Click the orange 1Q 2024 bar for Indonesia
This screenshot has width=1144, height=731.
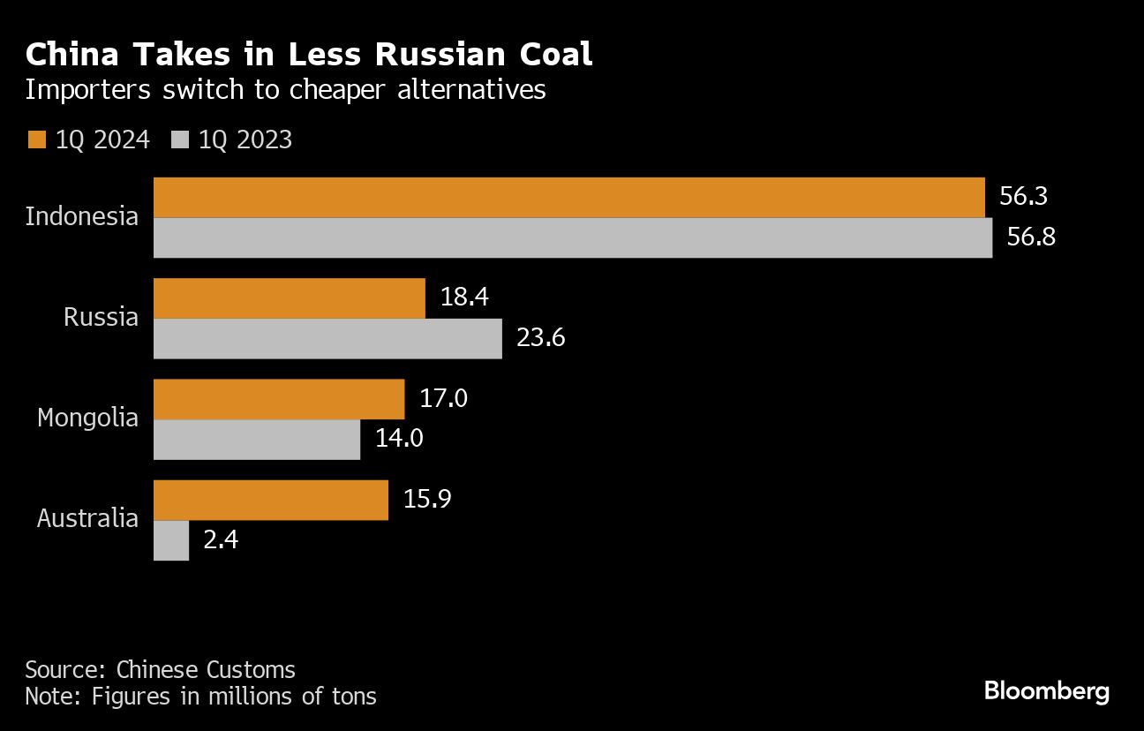tap(568, 197)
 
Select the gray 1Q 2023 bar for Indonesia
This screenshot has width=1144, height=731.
tap(573, 237)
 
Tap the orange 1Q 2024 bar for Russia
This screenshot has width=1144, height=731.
tap(290, 298)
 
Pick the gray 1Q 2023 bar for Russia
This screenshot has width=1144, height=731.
tap(327, 339)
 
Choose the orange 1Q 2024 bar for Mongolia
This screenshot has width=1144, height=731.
tap(279, 399)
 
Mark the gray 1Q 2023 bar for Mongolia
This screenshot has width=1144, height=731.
tap(257, 440)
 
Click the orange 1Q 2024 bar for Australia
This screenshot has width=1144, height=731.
tap(271, 501)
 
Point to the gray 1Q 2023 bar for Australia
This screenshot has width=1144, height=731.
tap(171, 540)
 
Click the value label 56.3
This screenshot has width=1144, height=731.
tap(1023, 196)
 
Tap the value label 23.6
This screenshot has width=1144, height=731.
tap(540, 339)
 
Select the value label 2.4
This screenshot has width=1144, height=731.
tap(221, 540)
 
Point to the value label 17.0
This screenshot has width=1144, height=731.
tap(443, 399)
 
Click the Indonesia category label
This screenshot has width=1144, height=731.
tap(82, 216)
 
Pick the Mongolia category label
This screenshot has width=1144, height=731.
tap(87, 418)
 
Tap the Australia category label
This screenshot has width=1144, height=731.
tap(87, 518)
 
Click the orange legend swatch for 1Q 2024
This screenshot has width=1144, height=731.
tap(36, 139)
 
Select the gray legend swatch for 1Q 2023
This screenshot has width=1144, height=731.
tap(181, 139)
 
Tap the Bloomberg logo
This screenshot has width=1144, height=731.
tap(1046, 690)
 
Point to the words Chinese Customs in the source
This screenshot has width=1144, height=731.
tap(206, 669)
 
